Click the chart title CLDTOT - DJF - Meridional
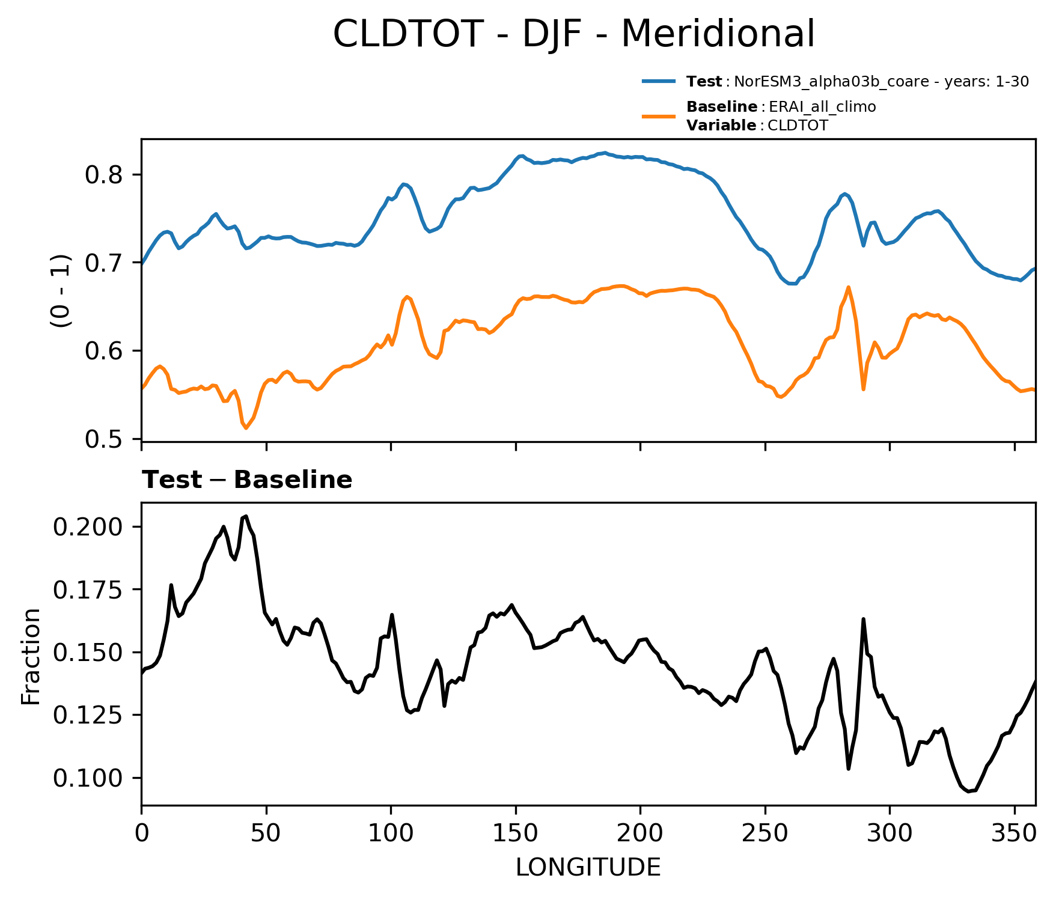click(573, 34)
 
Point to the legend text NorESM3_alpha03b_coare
click(829, 82)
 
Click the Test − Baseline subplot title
click(246, 480)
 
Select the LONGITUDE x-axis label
click(588, 867)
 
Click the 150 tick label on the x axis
click(515, 834)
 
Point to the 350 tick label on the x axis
click(1014, 834)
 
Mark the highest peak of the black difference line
click(246, 516)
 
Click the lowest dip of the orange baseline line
click(246, 428)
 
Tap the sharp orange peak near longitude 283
click(848, 287)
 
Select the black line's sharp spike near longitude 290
click(863, 619)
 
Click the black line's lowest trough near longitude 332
click(968, 791)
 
